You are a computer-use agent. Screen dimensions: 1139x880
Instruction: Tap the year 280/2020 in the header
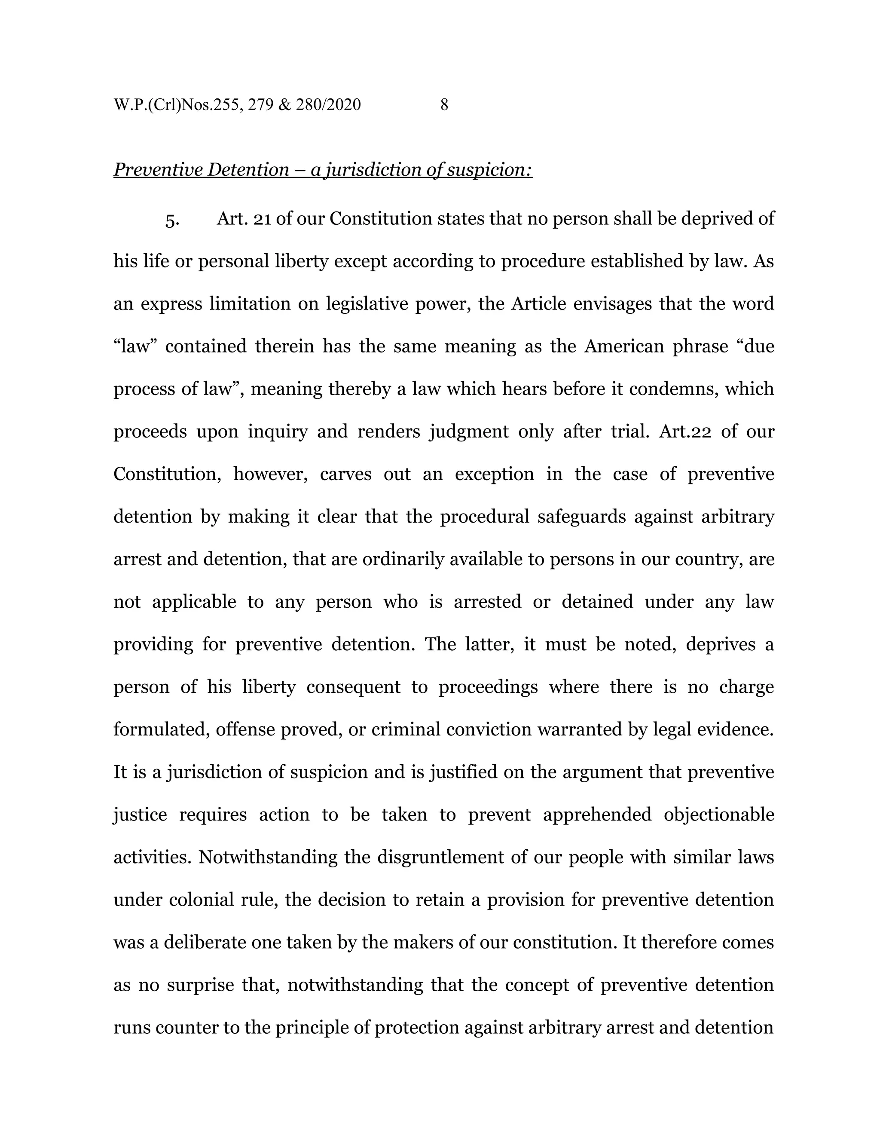point(328,105)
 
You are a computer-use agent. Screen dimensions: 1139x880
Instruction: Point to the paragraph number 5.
point(172,219)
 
